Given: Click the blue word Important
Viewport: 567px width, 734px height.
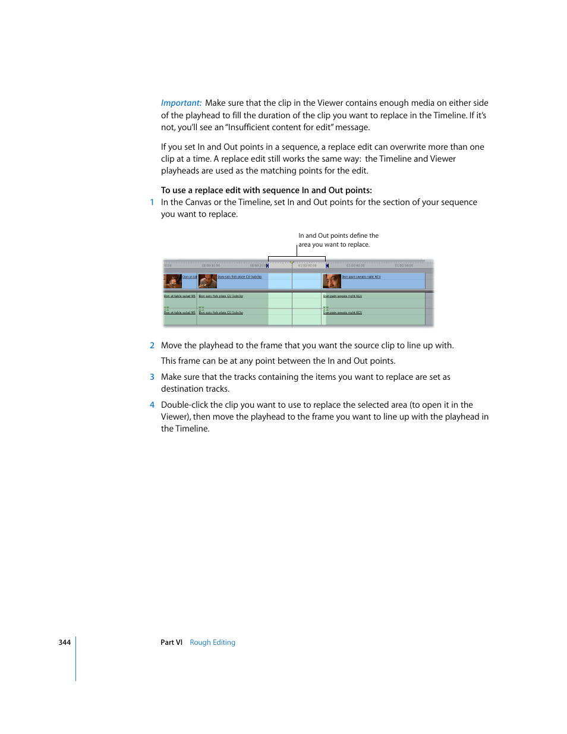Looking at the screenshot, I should click(181, 103).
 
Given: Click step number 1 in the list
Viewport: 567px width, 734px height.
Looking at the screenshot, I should click(152, 202).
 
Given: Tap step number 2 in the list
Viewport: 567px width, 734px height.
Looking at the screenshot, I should click(152, 345).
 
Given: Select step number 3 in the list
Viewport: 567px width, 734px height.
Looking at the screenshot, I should click(152, 377).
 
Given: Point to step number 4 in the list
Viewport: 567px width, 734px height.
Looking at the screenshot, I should click(152, 405).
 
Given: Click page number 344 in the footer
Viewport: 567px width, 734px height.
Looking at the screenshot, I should click(64, 642).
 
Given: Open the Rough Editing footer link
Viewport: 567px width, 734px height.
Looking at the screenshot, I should click(212, 642).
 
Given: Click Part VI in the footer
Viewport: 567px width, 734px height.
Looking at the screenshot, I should click(171, 642).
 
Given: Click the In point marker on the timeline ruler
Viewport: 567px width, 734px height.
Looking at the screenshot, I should click(267, 266).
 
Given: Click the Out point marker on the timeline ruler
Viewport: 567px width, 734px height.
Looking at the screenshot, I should click(327, 266).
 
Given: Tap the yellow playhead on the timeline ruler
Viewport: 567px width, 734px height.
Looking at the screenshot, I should click(292, 263).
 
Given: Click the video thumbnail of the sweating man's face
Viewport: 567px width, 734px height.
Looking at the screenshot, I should click(332, 281).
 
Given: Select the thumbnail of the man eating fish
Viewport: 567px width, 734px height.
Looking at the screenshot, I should click(207, 281).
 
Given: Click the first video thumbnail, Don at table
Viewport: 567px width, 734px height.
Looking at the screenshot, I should click(172, 281).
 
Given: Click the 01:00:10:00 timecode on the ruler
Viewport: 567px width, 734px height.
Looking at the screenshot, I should click(210, 266).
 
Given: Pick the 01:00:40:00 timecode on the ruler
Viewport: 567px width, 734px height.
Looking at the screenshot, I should click(355, 266).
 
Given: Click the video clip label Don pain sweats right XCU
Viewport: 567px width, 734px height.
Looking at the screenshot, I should click(361, 277).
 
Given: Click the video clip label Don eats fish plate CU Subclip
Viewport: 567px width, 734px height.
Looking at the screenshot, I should click(240, 277).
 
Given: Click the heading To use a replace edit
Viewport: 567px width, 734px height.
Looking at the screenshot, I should click(266, 190).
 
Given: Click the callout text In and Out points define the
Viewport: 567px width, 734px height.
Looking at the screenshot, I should click(338, 235).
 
